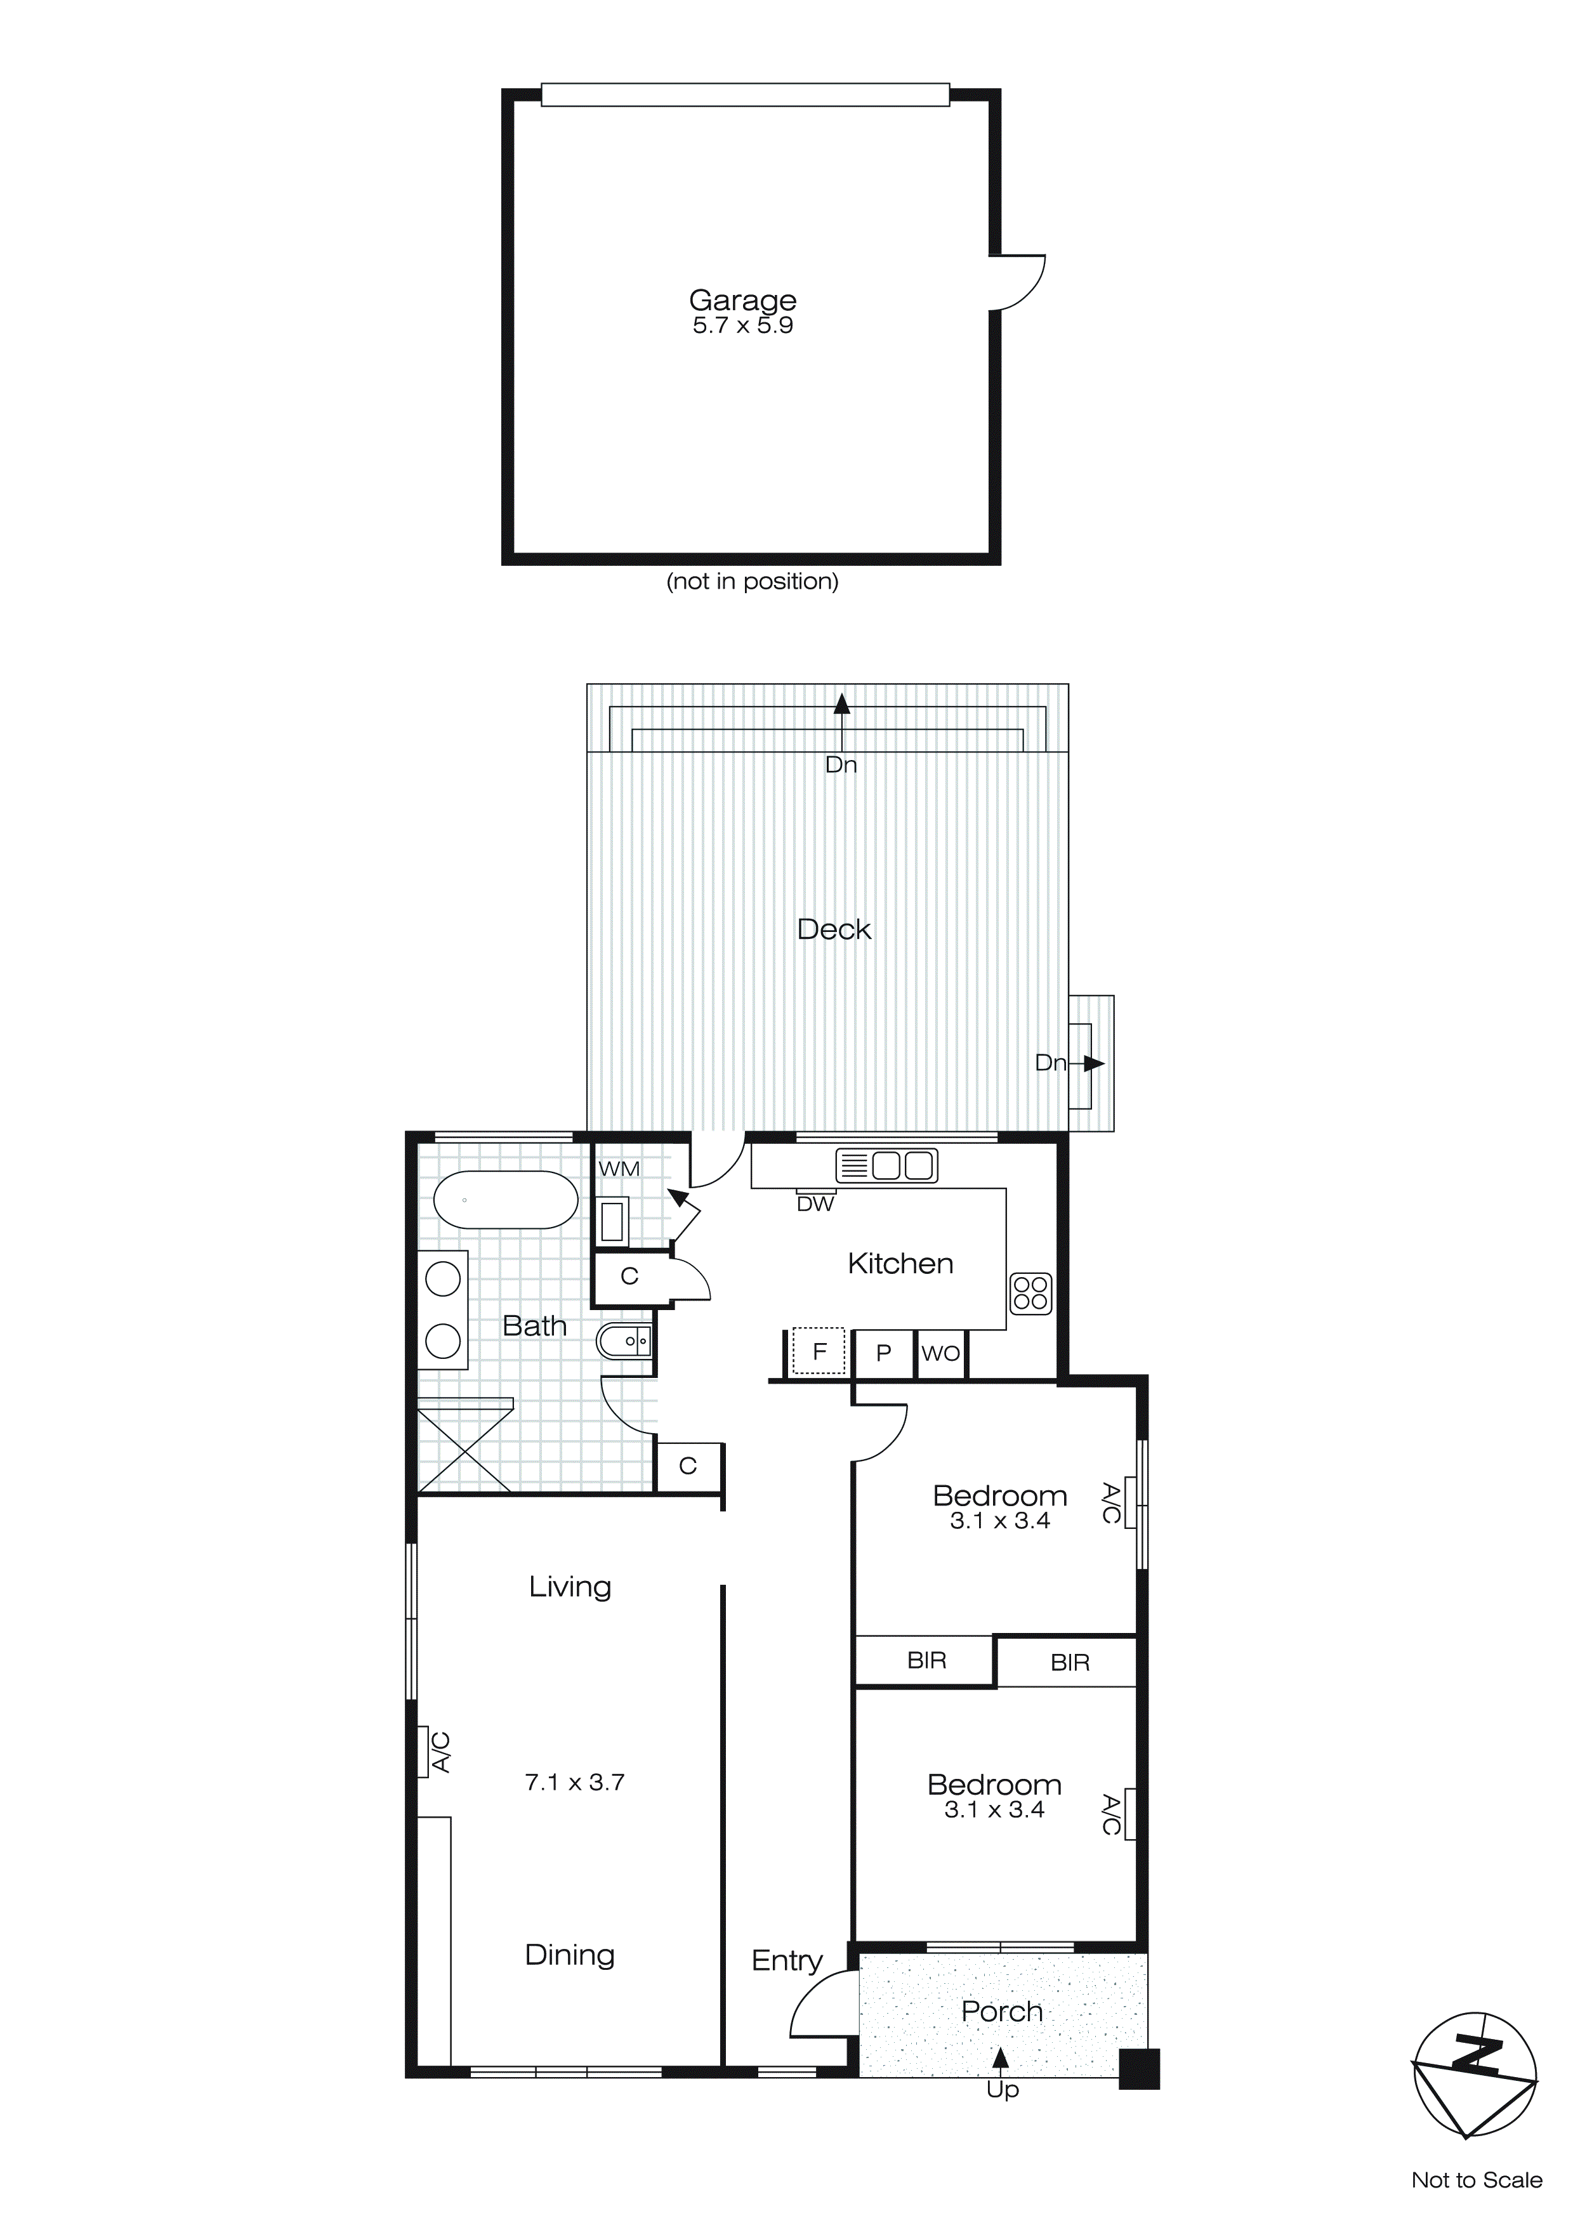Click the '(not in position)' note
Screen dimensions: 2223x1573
pos(752,581)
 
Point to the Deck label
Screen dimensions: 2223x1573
pos(833,929)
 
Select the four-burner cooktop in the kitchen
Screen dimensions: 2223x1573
pos(1030,1292)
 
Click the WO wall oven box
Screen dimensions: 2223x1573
pos(940,1354)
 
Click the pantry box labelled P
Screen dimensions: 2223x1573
pos(883,1354)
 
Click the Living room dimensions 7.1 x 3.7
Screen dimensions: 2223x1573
pos(574,1783)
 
